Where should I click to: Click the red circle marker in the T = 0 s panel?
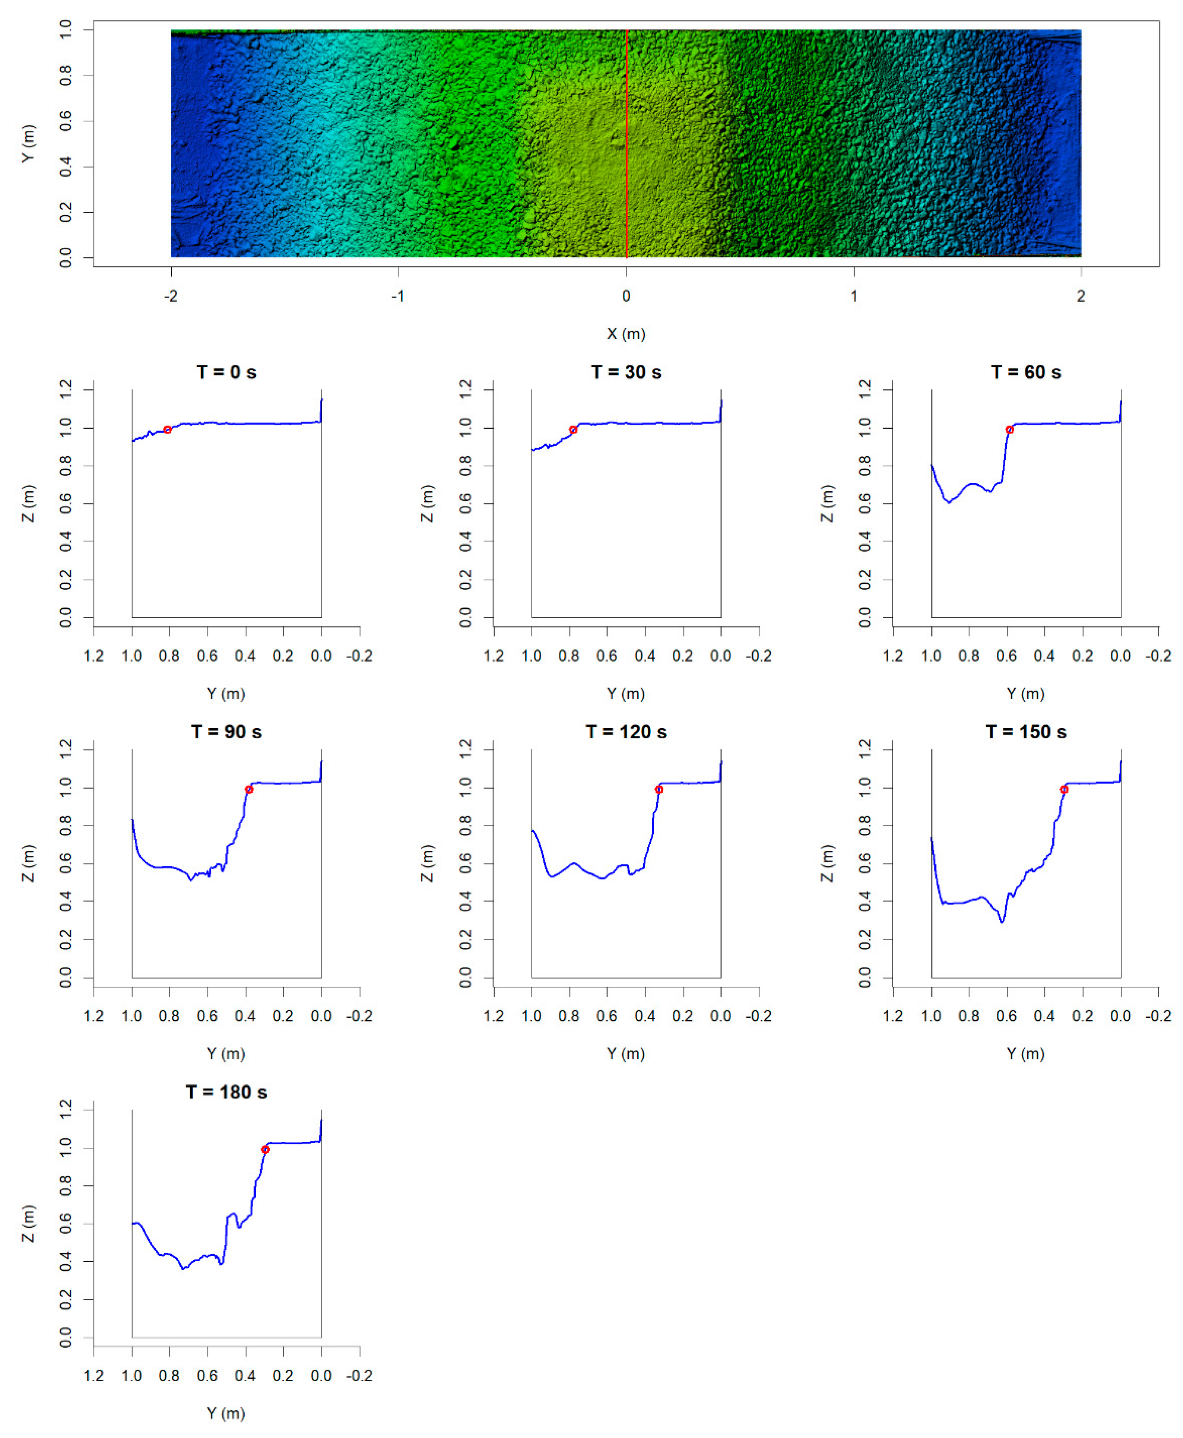167,429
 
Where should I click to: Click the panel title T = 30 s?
626,372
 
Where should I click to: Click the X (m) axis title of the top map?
626,334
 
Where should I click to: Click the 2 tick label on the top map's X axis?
1081,296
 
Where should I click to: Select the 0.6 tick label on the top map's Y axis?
65,121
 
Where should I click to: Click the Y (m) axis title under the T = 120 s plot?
626,1053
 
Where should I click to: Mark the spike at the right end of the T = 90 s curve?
321,767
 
